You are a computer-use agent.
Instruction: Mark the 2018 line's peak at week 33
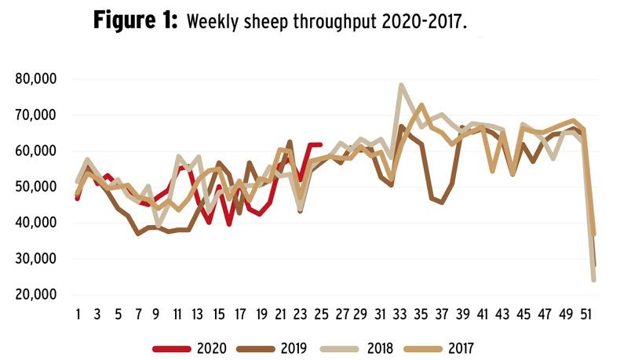[401, 85]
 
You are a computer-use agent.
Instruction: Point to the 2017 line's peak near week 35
[421, 104]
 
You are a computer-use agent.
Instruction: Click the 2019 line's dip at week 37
[442, 202]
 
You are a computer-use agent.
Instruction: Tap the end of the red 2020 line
[320, 144]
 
